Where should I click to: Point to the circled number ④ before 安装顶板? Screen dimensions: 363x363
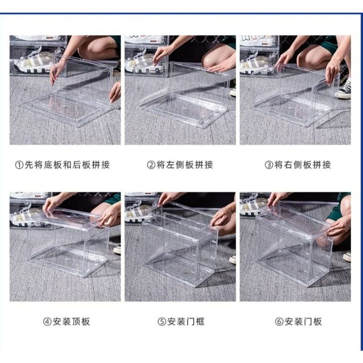click(x=47, y=322)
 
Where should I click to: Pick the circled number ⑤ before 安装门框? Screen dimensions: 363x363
click(x=162, y=322)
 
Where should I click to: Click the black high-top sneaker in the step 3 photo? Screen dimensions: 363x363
click(x=344, y=88)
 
